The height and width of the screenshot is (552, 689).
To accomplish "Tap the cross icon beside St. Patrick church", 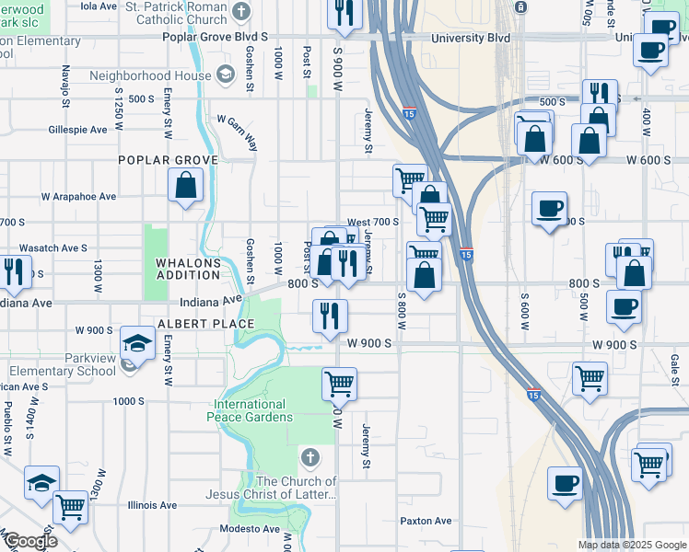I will (x=241, y=12).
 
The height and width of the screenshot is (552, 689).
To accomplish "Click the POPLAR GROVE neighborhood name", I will (x=168, y=159).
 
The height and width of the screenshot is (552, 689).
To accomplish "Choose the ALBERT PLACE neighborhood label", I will (x=205, y=324).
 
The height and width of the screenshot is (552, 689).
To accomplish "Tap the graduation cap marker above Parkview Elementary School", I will (x=137, y=344).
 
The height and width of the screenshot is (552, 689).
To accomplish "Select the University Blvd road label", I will (x=472, y=38).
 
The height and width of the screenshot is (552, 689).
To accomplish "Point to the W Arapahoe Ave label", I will (x=78, y=196).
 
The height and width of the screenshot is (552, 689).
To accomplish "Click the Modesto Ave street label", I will (x=250, y=529).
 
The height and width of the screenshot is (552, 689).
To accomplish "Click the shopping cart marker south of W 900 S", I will (x=339, y=383).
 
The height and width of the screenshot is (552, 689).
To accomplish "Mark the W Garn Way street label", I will (x=238, y=121).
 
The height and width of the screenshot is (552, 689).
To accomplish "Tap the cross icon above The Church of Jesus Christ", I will (x=310, y=457).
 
